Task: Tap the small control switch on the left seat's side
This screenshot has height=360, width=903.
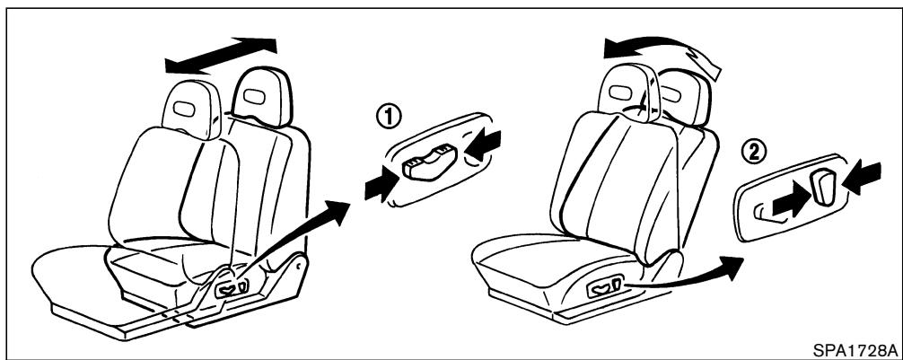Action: tap(226, 287)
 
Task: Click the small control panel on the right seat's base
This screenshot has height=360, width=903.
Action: tap(599, 287)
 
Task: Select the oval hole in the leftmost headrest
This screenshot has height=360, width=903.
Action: tap(185, 109)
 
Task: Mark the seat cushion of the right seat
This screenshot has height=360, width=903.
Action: tap(539, 260)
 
